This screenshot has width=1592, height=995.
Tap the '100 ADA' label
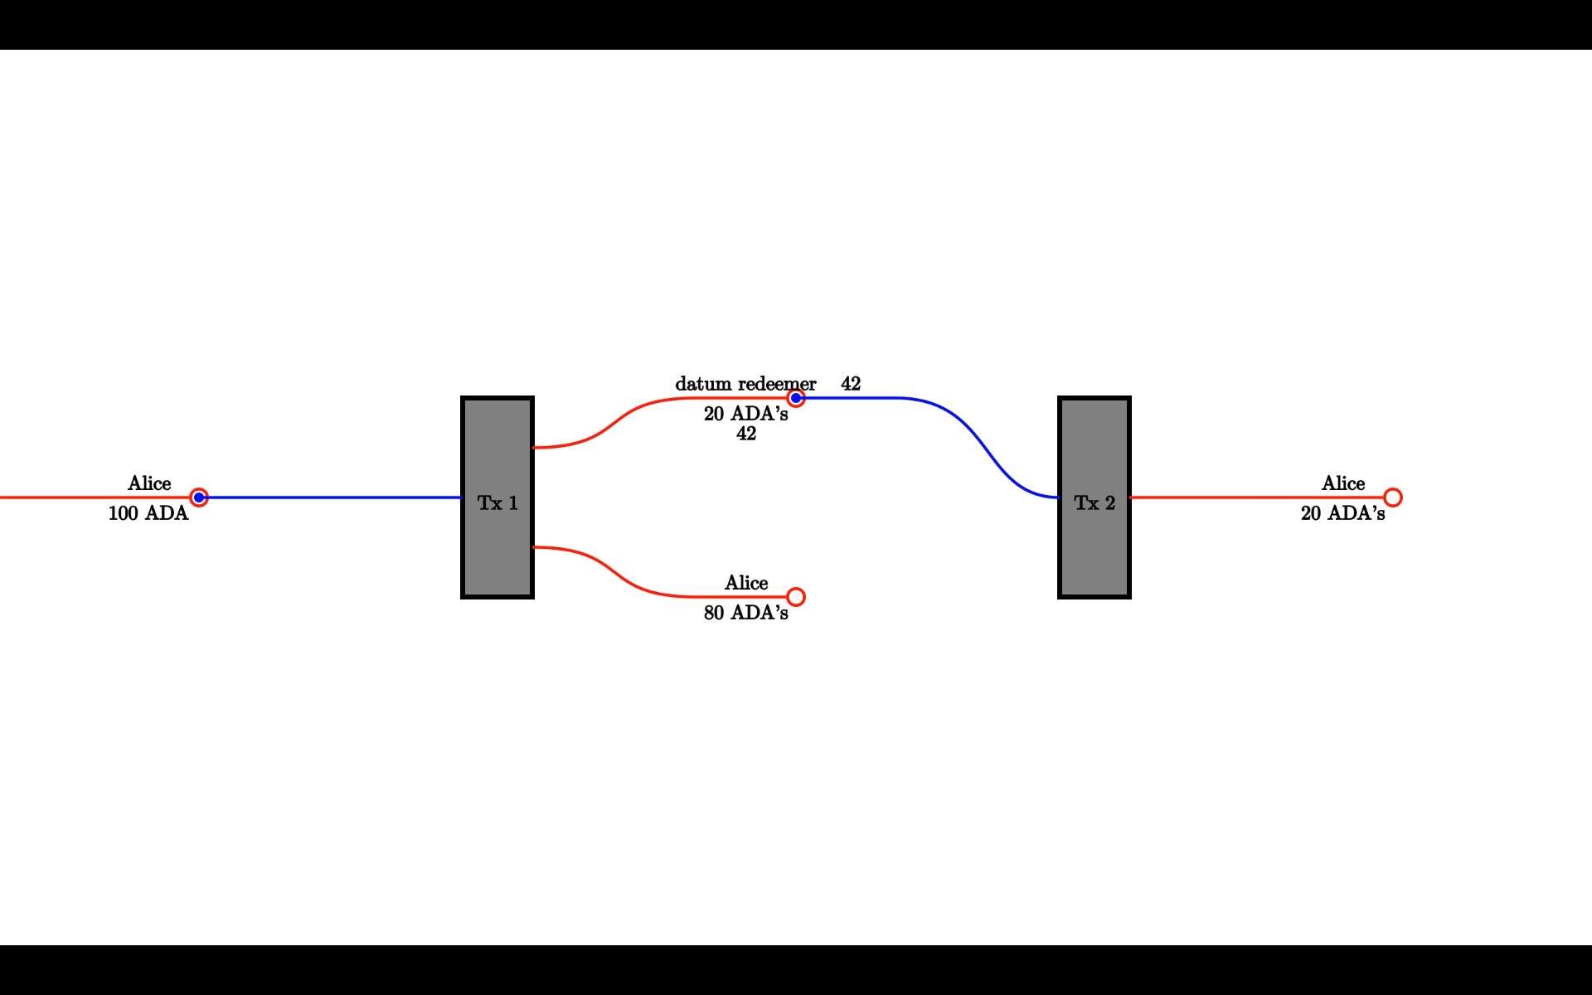click(x=148, y=513)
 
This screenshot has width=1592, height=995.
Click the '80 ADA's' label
click(x=745, y=613)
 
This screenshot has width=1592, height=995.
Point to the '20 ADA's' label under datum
click(x=745, y=414)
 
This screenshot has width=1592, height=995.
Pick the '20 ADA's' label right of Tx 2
click(x=1342, y=513)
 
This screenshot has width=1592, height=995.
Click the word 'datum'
click(x=703, y=384)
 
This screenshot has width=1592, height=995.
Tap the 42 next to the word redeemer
click(x=851, y=384)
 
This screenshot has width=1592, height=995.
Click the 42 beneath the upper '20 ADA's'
click(x=746, y=434)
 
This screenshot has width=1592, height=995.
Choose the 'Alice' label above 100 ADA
click(x=149, y=483)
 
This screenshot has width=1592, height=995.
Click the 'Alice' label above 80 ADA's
click(x=746, y=583)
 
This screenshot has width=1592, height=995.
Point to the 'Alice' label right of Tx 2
click(x=1343, y=483)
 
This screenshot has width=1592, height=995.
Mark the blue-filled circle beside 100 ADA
click(x=199, y=498)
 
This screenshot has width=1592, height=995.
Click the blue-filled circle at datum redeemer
click(x=796, y=398)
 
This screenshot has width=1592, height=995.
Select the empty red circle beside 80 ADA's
click(x=796, y=597)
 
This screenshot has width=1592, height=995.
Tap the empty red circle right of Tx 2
click(x=1393, y=498)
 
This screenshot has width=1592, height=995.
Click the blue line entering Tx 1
click(x=332, y=498)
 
